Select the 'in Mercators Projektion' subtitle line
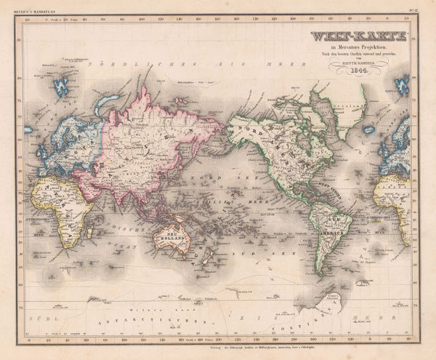tap(350, 49)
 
